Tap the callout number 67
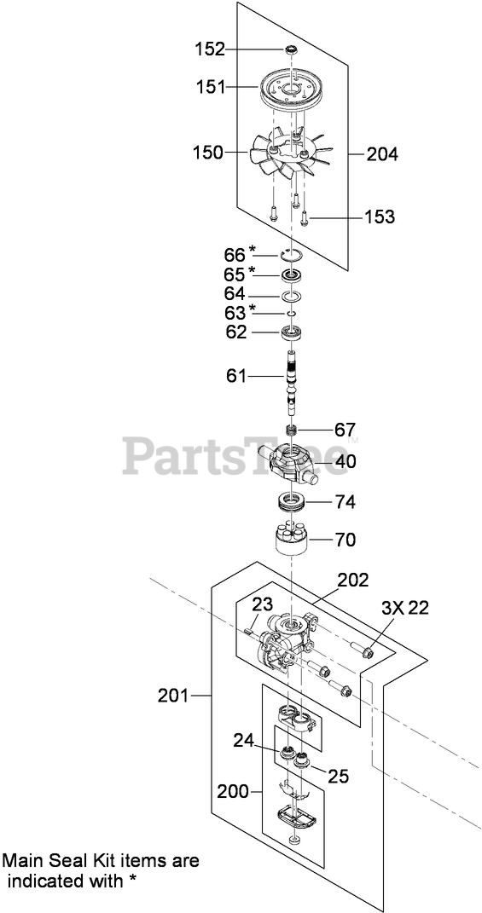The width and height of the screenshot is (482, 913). (x=345, y=430)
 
